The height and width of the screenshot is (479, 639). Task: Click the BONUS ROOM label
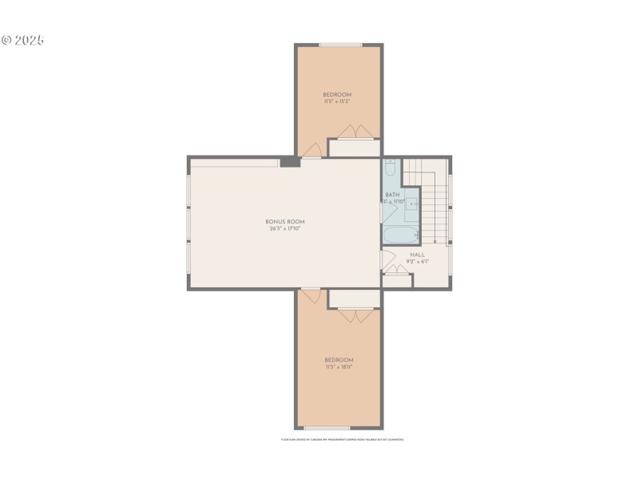(x=285, y=221)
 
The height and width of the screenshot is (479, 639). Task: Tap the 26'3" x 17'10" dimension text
(x=285, y=229)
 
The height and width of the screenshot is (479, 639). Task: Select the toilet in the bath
(x=390, y=168)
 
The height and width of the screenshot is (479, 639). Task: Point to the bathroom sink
(x=413, y=204)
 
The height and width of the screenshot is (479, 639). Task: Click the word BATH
(x=392, y=195)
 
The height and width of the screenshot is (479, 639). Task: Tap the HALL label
(x=417, y=255)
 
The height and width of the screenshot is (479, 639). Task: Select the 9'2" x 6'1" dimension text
(x=417, y=262)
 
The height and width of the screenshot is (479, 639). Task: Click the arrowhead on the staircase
(x=434, y=239)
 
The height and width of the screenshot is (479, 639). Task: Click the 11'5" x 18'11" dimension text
(x=338, y=367)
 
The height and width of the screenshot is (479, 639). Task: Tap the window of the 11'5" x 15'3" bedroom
(x=339, y=45)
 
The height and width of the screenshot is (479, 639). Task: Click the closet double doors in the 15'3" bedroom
(x=352, y=132)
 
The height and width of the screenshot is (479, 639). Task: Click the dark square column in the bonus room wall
(x=289, y=162)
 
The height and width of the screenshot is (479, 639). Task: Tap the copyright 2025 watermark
(x=23, y=39)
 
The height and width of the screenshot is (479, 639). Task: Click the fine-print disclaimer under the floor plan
(x=342, y=439)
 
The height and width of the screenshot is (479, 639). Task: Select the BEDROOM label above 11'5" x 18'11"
(x=338, y=359)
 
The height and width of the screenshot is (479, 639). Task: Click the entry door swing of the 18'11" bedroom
(x=312, y=296)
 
